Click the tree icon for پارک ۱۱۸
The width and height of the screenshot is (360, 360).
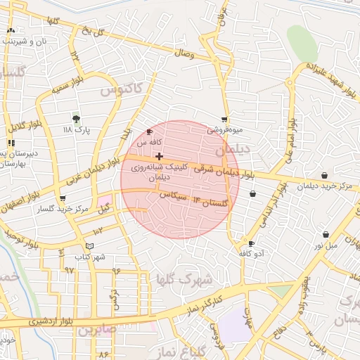[x=77, y=118]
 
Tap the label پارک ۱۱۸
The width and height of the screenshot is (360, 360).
[x=77, y=130]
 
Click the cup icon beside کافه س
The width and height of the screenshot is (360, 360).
[x=149, y=131]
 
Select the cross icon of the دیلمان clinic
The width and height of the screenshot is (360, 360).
[x=160, y=156]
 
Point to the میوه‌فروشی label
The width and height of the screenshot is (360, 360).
[x=224, y=130]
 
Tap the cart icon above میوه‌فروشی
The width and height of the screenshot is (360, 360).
[x=224, y=120]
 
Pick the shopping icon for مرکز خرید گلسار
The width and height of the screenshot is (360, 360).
[x=63, y=198]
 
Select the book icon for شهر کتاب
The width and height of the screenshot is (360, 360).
[x=89, y=245]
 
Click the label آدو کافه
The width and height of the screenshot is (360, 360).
[x=252, y=252]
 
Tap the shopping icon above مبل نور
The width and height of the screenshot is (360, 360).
[x=326, y=234]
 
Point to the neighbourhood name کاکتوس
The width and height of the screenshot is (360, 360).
[x=120, y=89]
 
